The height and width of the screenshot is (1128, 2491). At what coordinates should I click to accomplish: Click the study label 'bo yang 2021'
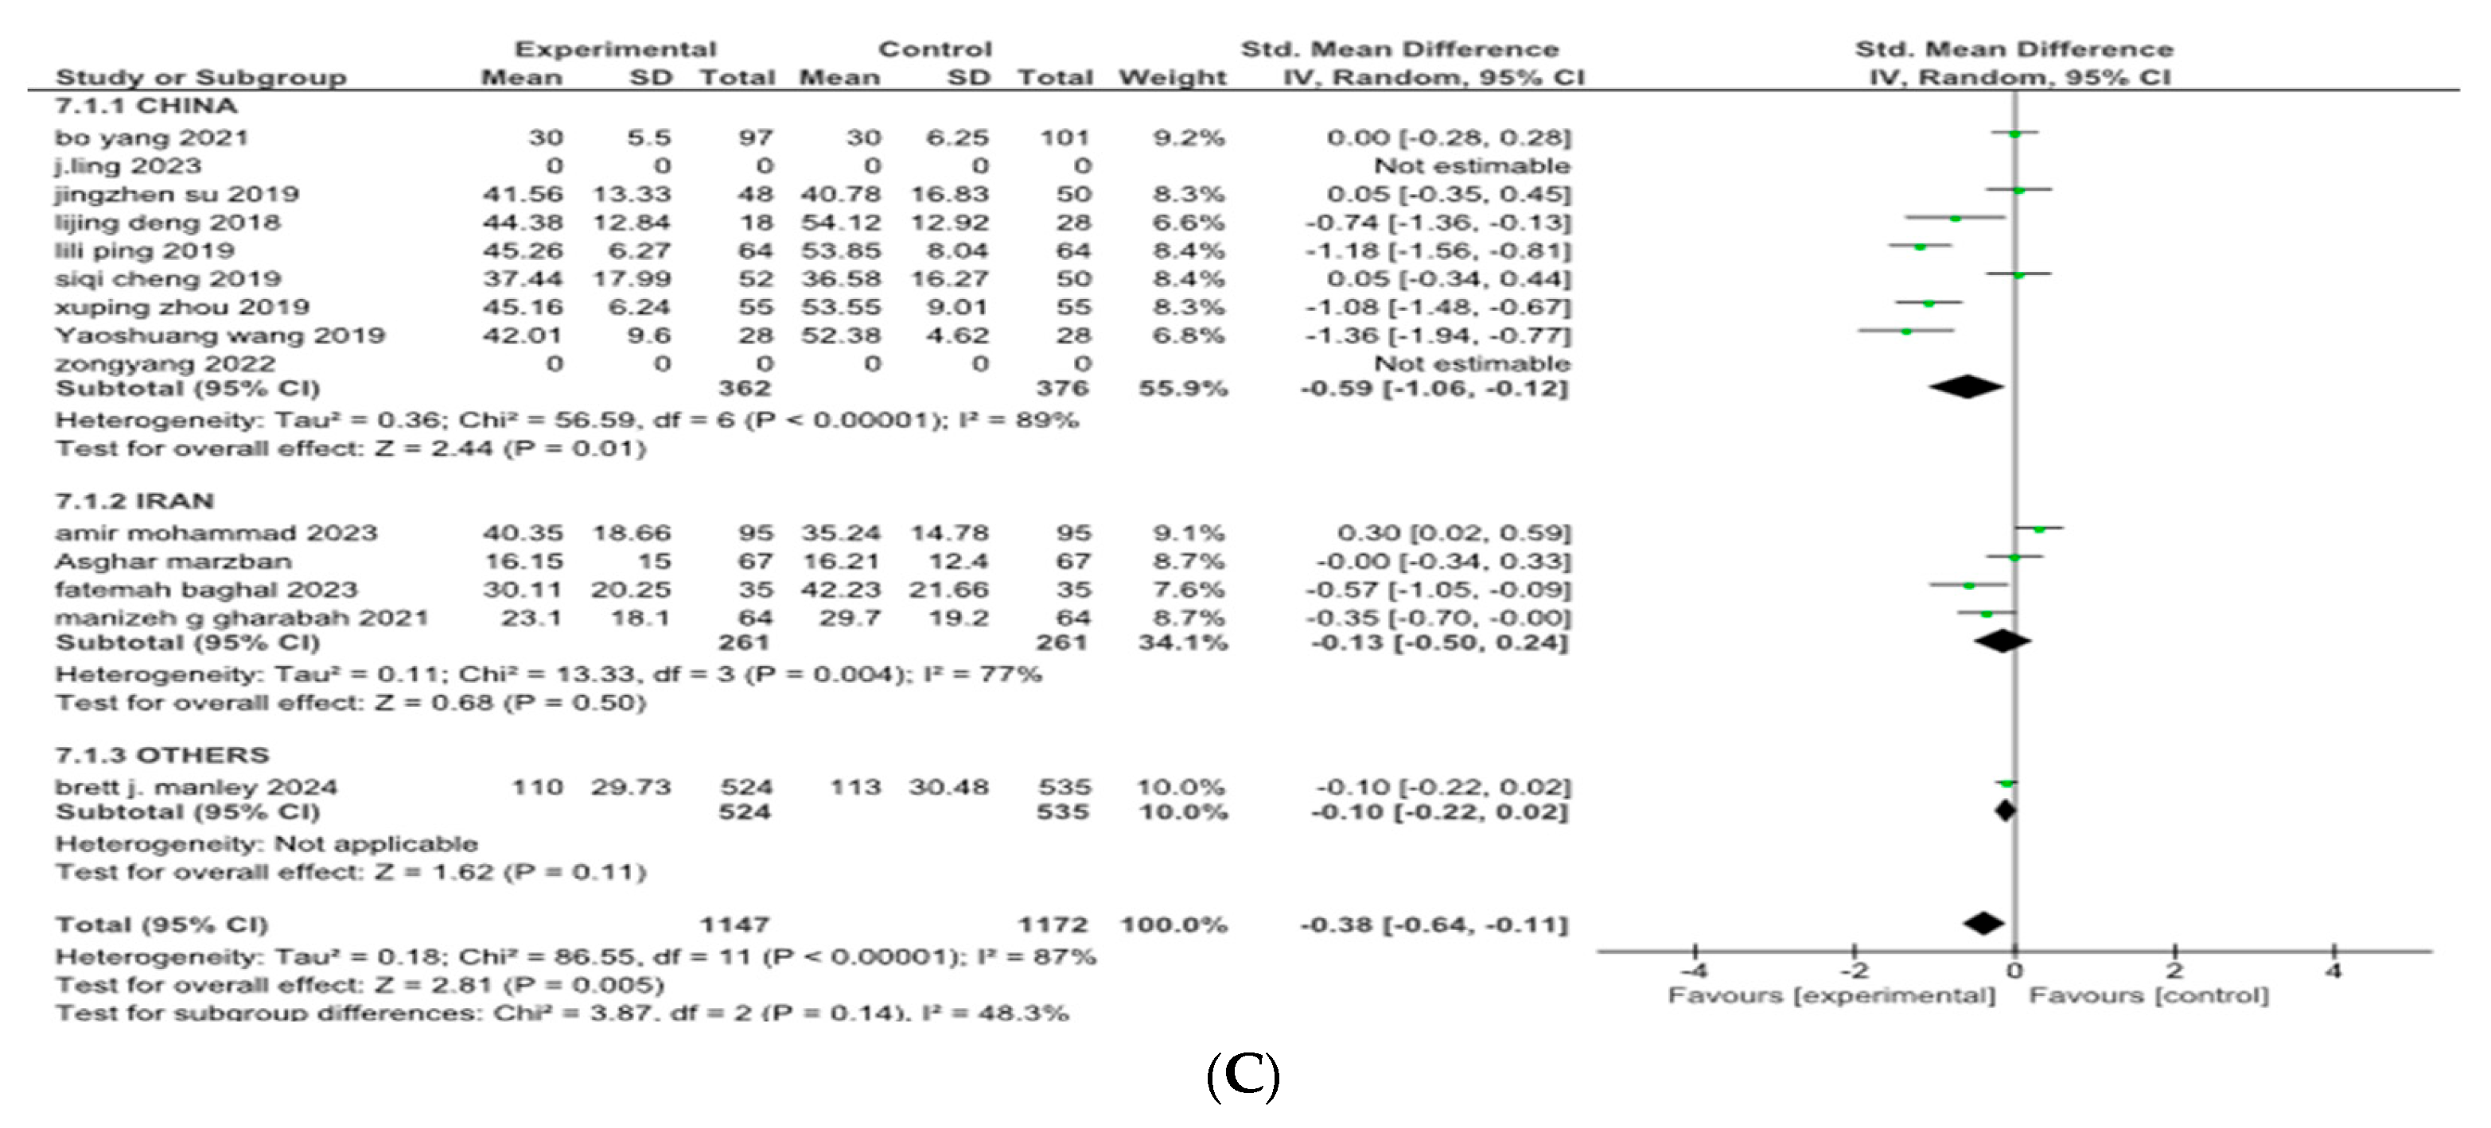[151, 138]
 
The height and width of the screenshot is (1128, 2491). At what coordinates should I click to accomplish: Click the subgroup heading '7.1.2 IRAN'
[134, 501]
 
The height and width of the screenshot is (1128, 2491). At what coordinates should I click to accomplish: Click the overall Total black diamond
[1983, 923]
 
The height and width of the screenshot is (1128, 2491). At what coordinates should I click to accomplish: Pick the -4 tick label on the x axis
[1693, 970]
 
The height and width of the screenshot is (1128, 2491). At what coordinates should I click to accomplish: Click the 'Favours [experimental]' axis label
[1831, 995]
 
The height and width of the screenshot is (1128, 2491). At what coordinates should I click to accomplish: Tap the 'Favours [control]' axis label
[2148, 995]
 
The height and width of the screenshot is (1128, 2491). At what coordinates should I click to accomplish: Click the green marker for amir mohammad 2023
[2038, 529]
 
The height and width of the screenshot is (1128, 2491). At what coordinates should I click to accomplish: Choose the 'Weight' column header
[1172, 77]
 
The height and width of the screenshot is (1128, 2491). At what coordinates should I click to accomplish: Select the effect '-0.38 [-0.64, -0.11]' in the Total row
[1433, 925]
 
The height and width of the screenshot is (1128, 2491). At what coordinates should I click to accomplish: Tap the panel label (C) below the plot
[1243, 1076]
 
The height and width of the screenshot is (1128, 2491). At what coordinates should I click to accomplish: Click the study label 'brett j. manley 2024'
[197, 787]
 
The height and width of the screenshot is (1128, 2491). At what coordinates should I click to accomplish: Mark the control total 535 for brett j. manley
[1064, 787]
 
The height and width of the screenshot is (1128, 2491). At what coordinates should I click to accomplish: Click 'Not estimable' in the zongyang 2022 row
[1472, 363]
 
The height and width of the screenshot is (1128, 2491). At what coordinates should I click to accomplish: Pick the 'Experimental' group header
[615, 49]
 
